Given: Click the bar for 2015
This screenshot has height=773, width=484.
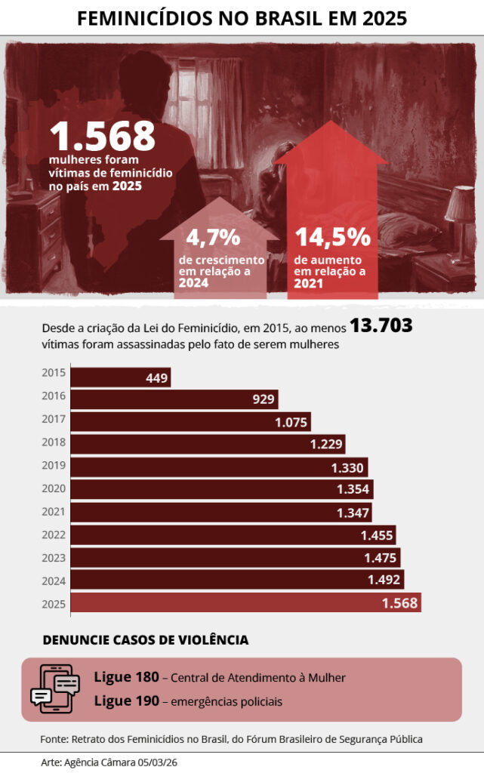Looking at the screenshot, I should click(x=106, y=377).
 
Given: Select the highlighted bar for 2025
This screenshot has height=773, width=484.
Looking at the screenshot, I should click(x=227, y=602).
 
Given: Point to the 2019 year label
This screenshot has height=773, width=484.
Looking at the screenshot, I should click(x=54, y=466).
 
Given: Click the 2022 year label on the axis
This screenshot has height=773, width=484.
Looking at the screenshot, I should click(x=54, y=535).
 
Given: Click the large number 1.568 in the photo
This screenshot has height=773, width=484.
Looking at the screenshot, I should click(x=103, y=136).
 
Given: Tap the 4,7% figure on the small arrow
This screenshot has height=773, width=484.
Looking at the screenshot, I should click(x=213, y=238).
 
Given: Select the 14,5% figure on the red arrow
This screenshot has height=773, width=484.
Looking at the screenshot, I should click(x=332, y=237).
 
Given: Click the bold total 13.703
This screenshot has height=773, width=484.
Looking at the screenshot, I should click(x=381, y=327).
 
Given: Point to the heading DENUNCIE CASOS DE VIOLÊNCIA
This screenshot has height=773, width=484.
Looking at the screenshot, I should click(x=146, y=640).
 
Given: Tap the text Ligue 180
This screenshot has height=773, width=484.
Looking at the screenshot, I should click(x=126, y=677).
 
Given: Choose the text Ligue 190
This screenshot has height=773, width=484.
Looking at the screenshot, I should click(x=126, y=701).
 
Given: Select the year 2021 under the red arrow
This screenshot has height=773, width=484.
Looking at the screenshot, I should click(x=309, y=284).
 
